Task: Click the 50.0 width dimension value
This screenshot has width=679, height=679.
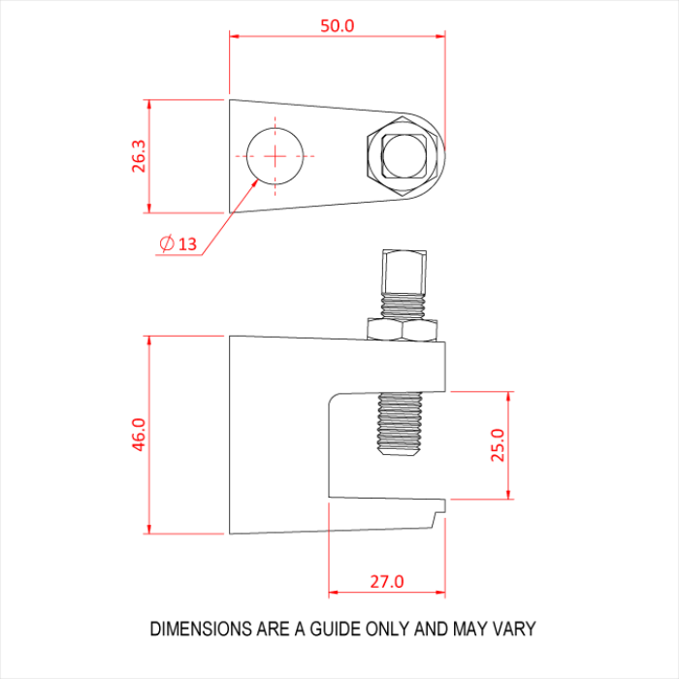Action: (338, 25)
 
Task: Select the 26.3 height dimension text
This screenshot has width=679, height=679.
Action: (139, 156)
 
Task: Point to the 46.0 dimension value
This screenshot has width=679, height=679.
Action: (139, 435)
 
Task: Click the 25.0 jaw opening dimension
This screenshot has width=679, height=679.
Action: (498, 446)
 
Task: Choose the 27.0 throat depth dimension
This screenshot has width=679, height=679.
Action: (386, 581)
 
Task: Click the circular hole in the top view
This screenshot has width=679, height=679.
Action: (275, 155)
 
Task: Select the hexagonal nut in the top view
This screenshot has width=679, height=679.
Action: (405, 155)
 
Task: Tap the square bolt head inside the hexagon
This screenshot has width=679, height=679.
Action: (405, 156)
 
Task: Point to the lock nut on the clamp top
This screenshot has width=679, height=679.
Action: (404, 331)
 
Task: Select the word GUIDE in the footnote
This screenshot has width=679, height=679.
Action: (335, 630)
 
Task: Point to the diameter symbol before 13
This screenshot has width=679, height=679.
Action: (166, 243)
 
